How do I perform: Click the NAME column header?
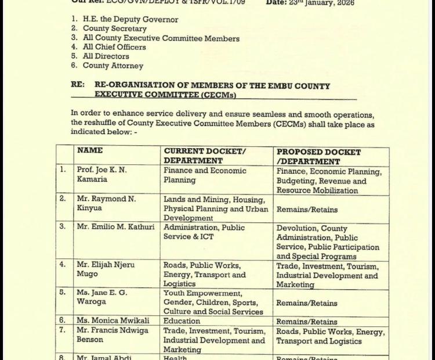click(90, 150)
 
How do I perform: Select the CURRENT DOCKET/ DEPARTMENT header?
click(204, 156)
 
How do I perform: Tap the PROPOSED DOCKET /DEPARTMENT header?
click(318, 157)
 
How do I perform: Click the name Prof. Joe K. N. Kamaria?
click(101, 175)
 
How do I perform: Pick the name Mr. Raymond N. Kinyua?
click(106, 203)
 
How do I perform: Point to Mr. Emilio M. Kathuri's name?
click(115, 227)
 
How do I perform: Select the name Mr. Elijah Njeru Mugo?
click(105, 269)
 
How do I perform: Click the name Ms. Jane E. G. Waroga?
click(101, 297)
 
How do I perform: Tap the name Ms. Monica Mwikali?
click(113, 321)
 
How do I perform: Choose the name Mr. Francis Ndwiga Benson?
click(110, 336)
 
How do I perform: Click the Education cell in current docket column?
click(182, 321)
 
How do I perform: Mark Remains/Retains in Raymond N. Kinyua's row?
click(307, 210)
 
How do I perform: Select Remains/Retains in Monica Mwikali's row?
click(307, 322)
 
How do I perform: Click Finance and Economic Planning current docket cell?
click(205, 175)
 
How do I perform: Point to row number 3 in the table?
click(63, 226)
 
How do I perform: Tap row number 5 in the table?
click(63, 292)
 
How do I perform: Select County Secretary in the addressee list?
click(114, 28)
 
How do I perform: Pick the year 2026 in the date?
click(342, 2)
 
